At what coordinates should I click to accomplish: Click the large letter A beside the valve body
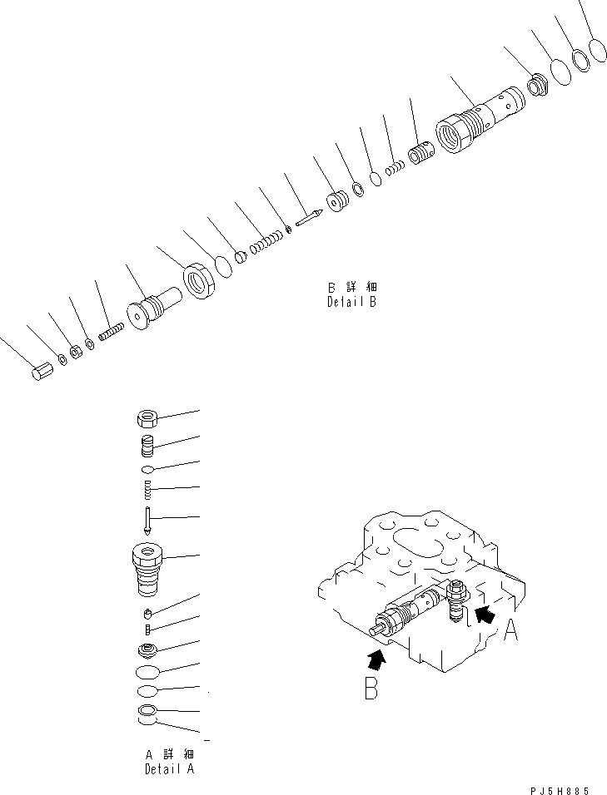pyautogui.click(x=511, y=633)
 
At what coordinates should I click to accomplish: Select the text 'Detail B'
pyautogui.click(x=351, y=303)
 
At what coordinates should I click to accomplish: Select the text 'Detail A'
pyautogui.click(x=169, y=769)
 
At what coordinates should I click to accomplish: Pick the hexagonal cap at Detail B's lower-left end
pyautogui.click(x=43, y=372)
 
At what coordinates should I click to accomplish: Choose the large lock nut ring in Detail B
pyautogui.click(x=200, y=279)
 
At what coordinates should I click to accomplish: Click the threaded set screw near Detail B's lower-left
pyautogui.click(x=111, y=330)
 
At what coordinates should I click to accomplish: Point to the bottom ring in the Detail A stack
pyautogui.click(x=147, y=711)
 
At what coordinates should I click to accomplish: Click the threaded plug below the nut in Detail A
pyautogui.click(x=147, y=446)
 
